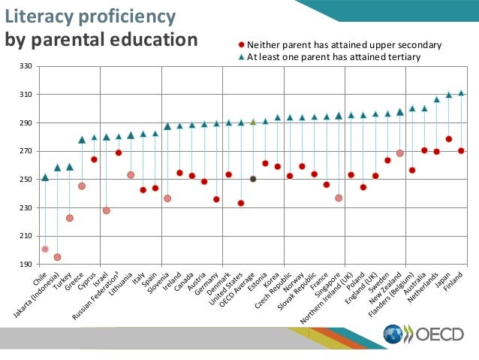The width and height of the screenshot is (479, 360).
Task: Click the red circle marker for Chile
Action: tap(45, 249)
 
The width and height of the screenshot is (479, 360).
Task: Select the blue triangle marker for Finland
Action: tap(461, 93)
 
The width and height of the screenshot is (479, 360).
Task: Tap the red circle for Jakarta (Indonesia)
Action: tap(57, 257)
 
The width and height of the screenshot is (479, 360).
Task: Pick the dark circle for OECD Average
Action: tap(253, 179)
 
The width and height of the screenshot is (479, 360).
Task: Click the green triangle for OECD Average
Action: tap(253, 121)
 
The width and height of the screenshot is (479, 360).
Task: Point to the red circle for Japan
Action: tap(449, 139)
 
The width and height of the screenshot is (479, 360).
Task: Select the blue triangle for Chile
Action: tap(45, 177)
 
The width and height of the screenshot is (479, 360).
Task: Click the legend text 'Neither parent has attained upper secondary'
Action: tap(345, 45)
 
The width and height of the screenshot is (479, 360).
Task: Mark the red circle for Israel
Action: tap(106, 210)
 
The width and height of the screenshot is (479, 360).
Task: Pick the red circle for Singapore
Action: tap(339, 198)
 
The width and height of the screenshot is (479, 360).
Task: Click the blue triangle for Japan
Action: tap(449, 95)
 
